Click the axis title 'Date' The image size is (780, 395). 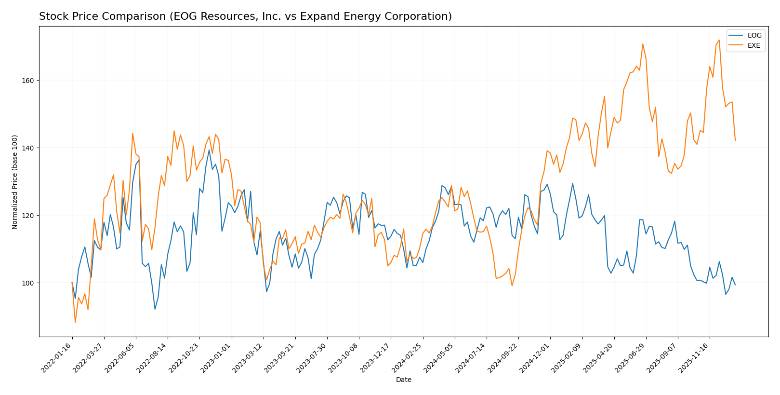[403, 380]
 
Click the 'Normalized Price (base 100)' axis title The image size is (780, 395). [15, 182]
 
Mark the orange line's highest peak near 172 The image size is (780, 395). [719, 41]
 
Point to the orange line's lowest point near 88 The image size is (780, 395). [75, 322]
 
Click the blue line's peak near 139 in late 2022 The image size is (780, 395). [209, 150]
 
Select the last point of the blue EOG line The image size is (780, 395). [735, 285]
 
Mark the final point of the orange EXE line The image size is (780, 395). [735, 140]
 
